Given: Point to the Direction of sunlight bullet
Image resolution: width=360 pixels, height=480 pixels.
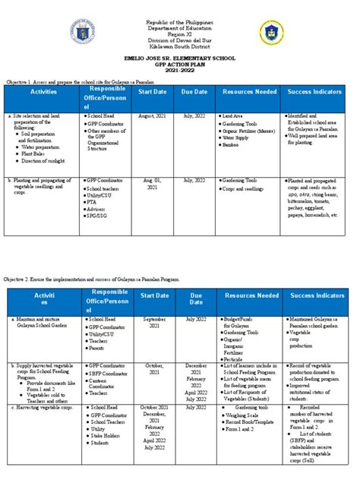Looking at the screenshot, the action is pos(43,163).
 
